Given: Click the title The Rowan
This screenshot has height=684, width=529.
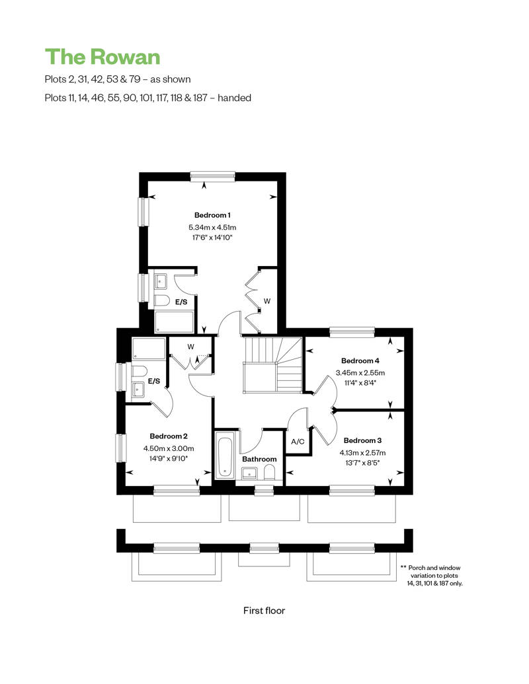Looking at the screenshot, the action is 102,57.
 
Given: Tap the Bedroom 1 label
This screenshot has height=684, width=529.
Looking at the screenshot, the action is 212,215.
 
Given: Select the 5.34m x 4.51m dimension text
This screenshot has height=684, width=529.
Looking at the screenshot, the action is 212,227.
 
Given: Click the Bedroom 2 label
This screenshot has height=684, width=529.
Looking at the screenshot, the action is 169,436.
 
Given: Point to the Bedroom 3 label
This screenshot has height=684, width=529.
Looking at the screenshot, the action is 362,440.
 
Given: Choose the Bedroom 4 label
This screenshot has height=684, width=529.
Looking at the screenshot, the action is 360,360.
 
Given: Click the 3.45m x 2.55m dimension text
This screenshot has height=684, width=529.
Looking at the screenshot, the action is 360,373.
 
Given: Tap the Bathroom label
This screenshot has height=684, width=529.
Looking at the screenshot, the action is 259,459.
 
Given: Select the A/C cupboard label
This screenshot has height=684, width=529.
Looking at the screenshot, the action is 298,442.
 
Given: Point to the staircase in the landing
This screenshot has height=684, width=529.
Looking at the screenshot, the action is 272,364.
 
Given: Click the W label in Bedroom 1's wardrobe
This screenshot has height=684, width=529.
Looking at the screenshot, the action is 267,301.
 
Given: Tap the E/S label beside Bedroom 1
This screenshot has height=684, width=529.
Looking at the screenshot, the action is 181,302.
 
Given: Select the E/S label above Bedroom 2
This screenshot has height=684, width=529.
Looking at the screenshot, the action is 154,381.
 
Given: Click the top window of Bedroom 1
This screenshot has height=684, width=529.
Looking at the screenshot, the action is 213,176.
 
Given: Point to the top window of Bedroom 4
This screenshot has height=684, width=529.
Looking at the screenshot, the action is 352,332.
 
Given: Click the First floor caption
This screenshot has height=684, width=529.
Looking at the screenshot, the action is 264,611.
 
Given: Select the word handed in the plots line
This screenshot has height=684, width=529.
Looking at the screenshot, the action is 234,98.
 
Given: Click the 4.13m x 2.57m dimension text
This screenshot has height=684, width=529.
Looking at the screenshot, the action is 362,453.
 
